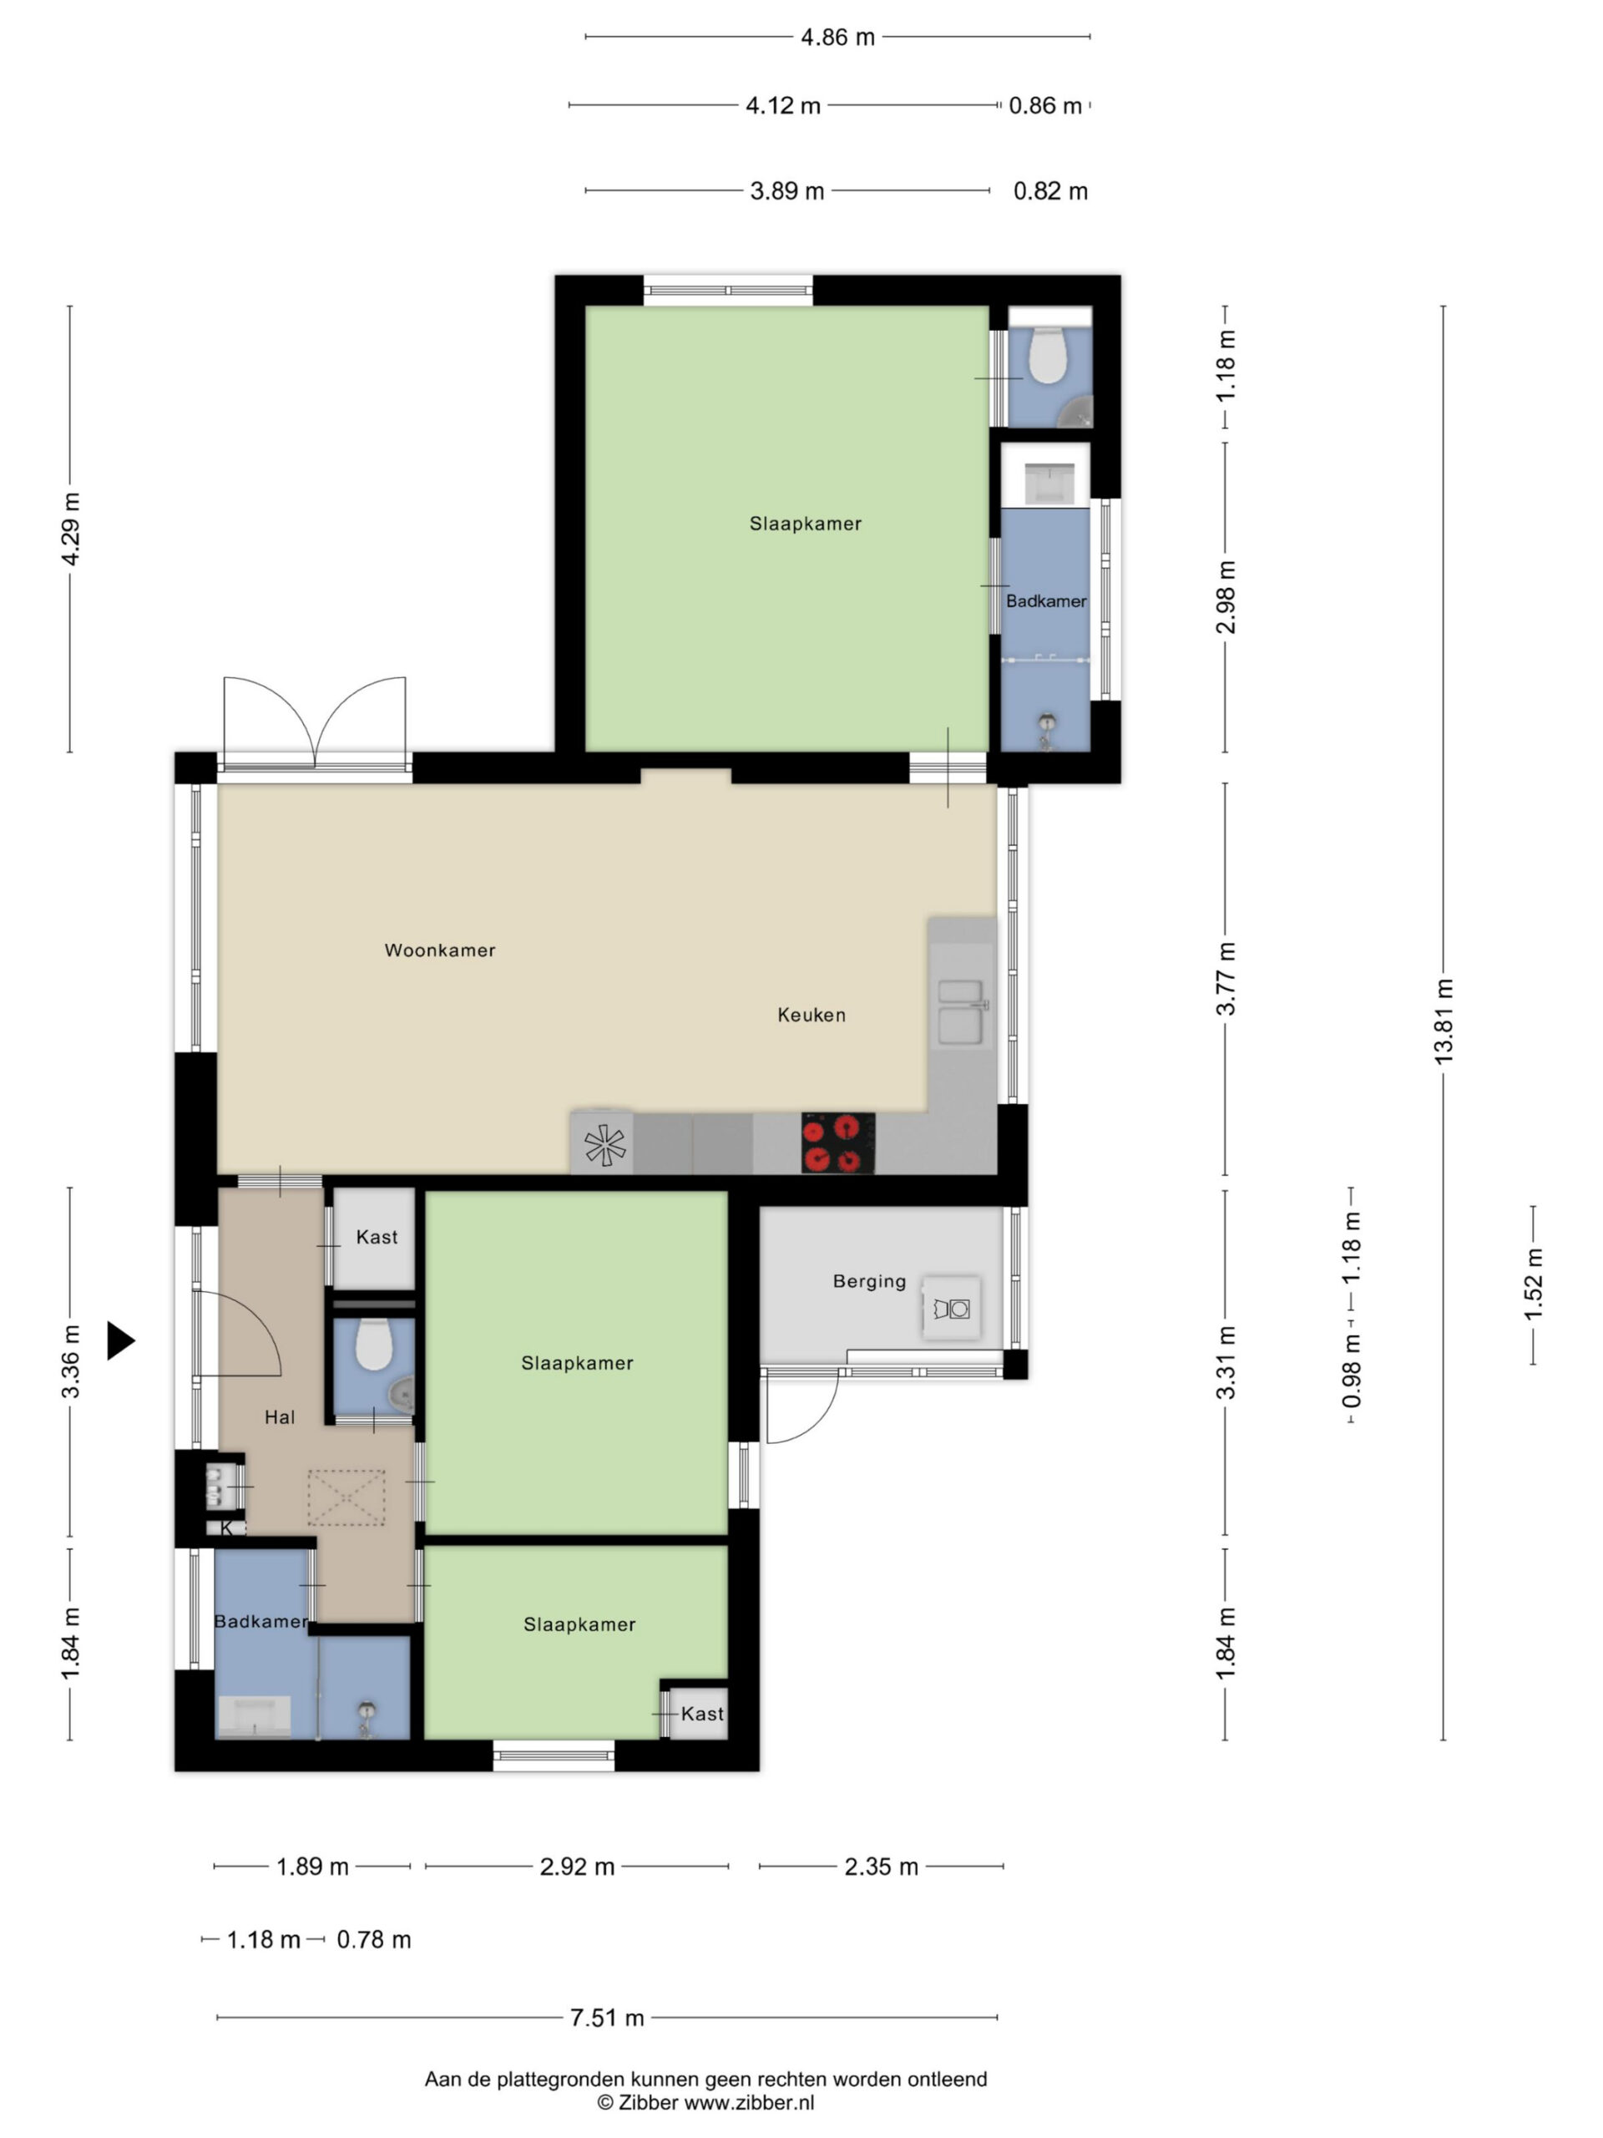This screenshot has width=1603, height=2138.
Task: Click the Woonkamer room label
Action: tap(440, 950)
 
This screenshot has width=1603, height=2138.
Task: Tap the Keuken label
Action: tap(812, 1015)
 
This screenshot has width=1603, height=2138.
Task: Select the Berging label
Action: tap(870, 1282)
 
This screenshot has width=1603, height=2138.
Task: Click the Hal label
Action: tap(279, 1417)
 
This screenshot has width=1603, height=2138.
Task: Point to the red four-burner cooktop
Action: tap(837, 1143)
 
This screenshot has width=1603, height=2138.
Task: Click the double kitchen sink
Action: tap(962, 1012)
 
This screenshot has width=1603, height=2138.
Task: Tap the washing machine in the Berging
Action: tap(952, 1309)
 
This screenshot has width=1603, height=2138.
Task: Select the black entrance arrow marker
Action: tap(120, 1340)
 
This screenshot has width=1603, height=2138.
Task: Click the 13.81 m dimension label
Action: tap(1444, 1021)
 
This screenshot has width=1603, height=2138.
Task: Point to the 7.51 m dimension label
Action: tap(607, 2017)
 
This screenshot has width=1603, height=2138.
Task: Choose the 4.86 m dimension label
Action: tap(837, 37)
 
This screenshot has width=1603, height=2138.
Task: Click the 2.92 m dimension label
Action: tap(577, 1867)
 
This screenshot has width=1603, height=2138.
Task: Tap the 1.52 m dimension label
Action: tap(1534, 1284)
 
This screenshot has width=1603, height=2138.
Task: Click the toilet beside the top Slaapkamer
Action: tap(1048, 356)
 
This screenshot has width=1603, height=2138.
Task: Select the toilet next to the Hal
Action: tap(374, 1345)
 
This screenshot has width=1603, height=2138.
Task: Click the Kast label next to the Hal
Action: tap(377, 1237)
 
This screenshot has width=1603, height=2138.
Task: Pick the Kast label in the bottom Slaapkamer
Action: tap(702, 1714)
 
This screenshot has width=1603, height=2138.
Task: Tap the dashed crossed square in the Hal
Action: tap(346, 1497)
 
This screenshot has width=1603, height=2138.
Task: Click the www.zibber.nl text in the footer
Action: tap(750, 2102)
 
